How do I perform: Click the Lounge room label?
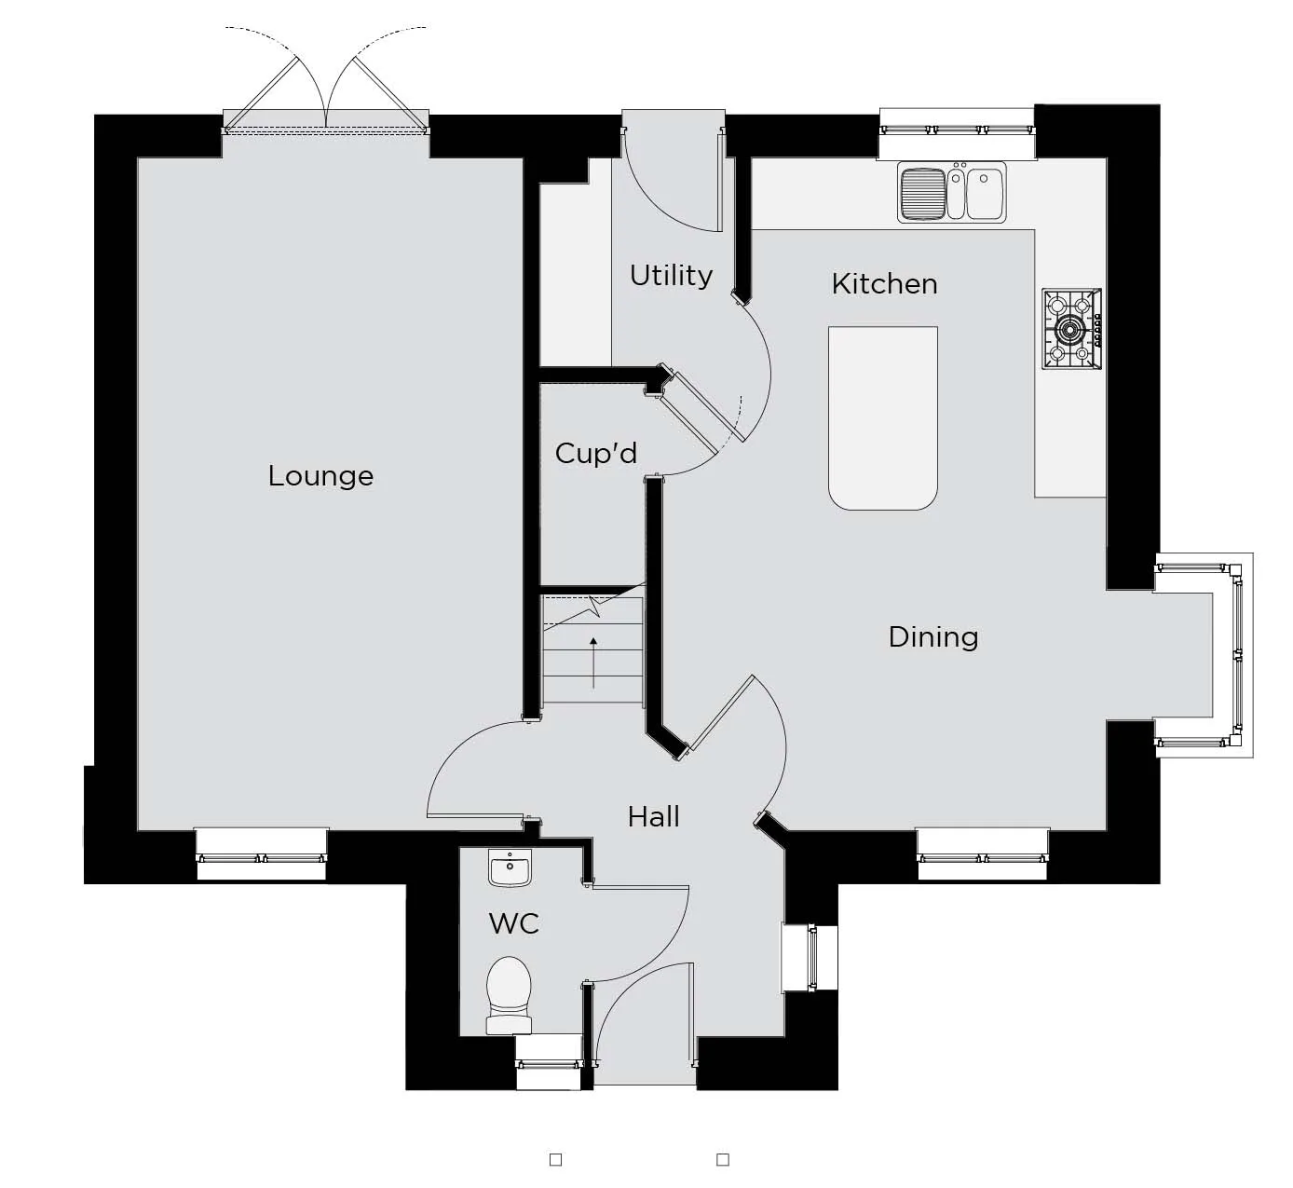tap(320, 476)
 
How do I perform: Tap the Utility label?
tap(671, 276)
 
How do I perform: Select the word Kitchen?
tap(884, 284)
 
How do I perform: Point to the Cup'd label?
tap(595, 454)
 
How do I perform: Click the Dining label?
tap(933, 637)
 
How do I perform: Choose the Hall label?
tap(654, 817)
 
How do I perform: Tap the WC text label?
tap(513, 923)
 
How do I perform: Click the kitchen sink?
tap(951, 192)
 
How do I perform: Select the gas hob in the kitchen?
tap(1071, 329)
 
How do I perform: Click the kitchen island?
tap(883, 418)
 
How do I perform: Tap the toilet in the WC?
tap(509, 995)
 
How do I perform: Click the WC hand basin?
tap(510, 868)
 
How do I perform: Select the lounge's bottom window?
tap(262, 854)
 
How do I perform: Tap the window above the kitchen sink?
tap(958, 132)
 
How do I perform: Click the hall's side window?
tap(810, 958)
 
